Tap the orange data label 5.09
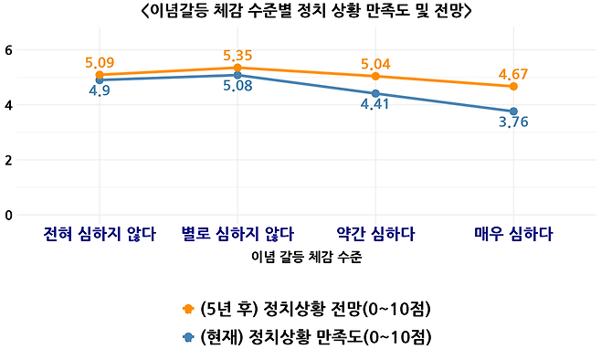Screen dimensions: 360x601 [100, 62]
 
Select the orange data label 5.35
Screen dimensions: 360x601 [237, 55]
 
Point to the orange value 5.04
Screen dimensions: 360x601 [376, 64]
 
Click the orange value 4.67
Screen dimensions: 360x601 [514, 73]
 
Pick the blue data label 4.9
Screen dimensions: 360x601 [100, 92]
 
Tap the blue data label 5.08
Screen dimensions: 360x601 [237, 88]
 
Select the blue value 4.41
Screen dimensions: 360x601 [376, 105]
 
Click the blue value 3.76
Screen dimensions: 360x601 [514, 122]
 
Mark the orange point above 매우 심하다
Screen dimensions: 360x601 [514, 86]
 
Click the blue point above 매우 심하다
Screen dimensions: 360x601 [514, 111]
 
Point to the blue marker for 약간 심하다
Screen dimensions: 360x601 [376, 93]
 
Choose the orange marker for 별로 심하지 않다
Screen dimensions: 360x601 [237, 68]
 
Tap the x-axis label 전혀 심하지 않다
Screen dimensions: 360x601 [100, 234]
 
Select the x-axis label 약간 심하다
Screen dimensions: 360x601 [376, 234]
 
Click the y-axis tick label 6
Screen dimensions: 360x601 [8, 49]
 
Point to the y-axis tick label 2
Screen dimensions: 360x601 [8, 160]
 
